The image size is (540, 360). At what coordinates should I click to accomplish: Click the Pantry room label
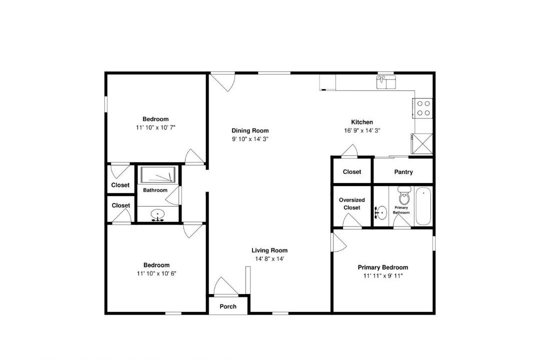[x=403, y=172]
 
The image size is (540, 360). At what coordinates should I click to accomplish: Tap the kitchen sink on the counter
[x=385, y=82]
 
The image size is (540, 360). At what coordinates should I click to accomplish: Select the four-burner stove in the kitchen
[x=423, y=108]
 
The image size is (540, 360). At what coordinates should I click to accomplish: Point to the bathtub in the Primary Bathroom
[x=423, y=206]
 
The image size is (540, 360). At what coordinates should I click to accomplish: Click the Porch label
[x=228, y=306]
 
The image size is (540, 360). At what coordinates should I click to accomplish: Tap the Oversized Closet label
[x=351, y=203]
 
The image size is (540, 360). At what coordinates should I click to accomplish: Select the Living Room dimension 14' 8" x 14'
[x=269, y=258]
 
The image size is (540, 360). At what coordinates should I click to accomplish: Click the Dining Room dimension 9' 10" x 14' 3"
[x=250, y=139]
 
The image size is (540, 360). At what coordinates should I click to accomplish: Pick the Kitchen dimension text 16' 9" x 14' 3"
[x=362, y=130]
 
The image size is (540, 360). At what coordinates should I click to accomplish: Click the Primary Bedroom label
[x=383, y=267]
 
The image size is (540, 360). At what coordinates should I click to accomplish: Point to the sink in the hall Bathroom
[x=157, y=214]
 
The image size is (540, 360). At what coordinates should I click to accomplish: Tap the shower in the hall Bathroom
[x=158, y=174]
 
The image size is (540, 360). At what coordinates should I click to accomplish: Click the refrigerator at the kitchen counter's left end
[x=327, y=82]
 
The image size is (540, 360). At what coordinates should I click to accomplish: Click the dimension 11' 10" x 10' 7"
[x=155, y=127]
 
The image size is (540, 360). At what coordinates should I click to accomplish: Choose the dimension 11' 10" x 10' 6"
[x=156, y=273]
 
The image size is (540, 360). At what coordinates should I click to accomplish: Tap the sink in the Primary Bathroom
[x=380, y=212]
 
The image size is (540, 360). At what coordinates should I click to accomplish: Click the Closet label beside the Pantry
[x=352, y=171]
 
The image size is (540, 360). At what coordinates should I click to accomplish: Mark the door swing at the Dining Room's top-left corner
[x=223, y=82]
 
